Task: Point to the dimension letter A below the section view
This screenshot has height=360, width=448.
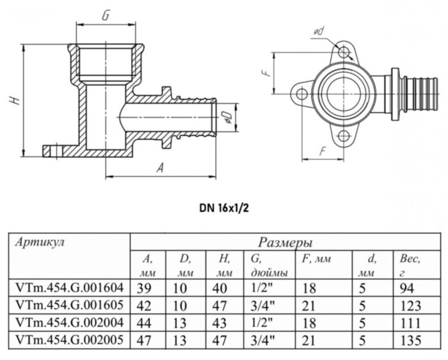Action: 161,168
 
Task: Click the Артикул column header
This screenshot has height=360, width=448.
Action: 41,242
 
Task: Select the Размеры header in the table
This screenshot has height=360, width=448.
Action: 285,242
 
